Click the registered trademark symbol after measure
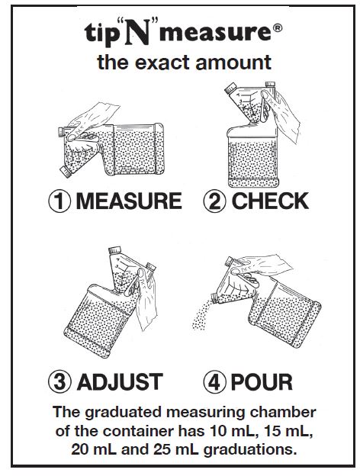point(278,28)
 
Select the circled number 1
point(59,201)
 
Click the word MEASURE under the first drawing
point(129,201)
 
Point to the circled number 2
point(215,201)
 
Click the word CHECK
point(270,201)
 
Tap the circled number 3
point(59,381)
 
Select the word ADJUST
point(120,381)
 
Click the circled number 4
point(215,381)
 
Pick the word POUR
point(262,381)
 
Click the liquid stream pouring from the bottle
point(202,315)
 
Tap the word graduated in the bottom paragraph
point(124,413)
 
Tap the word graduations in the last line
point(250,450)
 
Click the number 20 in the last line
point(79,449)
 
